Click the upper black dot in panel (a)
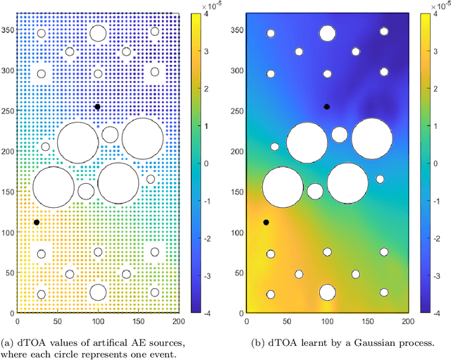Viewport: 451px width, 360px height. point(97,107)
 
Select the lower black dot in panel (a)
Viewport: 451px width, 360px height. point(37,222)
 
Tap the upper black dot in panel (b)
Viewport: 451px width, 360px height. point(326,107)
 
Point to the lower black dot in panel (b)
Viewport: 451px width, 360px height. point(266,222)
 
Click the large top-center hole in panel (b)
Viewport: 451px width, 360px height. point(326,33)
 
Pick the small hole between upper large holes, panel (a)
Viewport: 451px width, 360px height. point(110,135)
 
